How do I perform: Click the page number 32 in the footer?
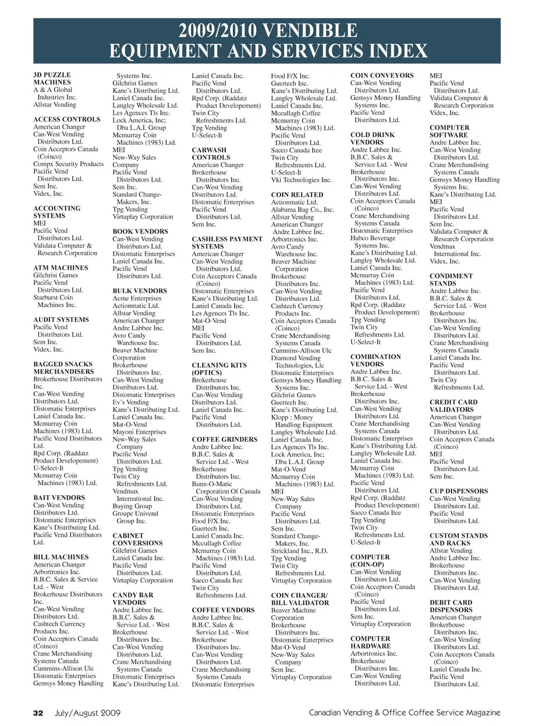coord(38,712)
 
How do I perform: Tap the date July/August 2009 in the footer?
coord(87,712)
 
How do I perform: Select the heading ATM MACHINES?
coord(61,268)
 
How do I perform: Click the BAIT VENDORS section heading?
coord(59,498)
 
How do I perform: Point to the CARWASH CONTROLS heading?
coord(209,154)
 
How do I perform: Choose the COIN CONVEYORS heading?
coord(382,76)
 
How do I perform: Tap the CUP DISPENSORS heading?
coord(459,491)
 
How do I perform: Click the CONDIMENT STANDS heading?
coord(451,280)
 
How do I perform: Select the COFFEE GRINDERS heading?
coord(225,440)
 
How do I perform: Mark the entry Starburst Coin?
coord(53,298)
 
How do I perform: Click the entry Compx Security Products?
coord(69,164)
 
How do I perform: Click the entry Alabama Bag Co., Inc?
coord(303,210)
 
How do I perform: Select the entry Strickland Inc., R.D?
coord(299,551)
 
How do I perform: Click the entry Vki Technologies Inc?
coord(301,180)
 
